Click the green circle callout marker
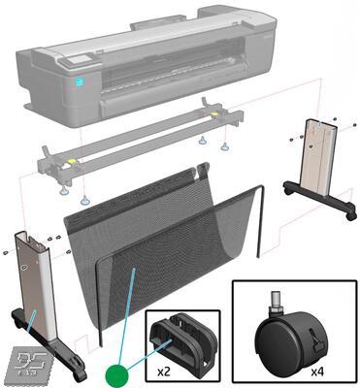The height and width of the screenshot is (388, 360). pos(115,372)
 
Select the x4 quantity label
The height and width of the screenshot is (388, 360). pos(315,371)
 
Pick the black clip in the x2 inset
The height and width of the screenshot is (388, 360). pos(182,339)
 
